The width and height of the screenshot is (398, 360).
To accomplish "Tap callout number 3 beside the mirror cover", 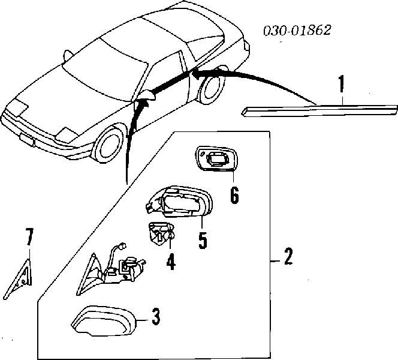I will [x=155, y=316].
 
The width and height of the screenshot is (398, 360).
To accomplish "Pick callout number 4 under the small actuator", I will [x=170, y=262].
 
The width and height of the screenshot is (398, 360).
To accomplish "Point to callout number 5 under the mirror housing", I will [x=203, y=239].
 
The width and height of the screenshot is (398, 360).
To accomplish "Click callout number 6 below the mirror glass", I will [x=234, y=194].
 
